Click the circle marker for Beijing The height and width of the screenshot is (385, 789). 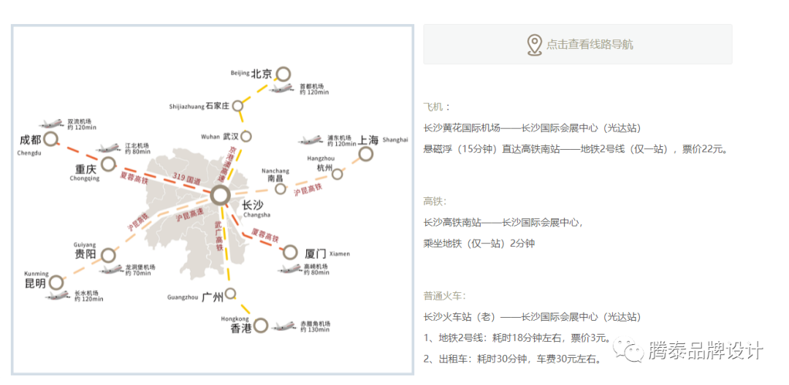click(283, 74)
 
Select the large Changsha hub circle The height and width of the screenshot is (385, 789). click(220, 195)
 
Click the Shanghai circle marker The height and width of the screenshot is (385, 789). click(366, 153)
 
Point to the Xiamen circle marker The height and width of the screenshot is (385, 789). click(291, 253)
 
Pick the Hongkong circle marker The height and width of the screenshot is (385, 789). click(262, 325)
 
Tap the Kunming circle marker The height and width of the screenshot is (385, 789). click(56, 282)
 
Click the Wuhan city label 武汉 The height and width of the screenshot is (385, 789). click(231, 137)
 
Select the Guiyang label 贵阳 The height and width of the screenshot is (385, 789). click(85, 255)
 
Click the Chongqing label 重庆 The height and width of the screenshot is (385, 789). click(85, 169)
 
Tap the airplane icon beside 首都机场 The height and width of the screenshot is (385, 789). click(282, 88)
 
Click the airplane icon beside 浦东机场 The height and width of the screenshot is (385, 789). click(310, 140)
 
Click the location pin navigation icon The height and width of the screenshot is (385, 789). click(535, 45)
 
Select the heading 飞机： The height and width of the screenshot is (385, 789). click(437, 107)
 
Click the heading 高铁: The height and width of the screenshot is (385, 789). click(435, 201)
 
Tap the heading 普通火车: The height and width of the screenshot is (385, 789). click(444, 296)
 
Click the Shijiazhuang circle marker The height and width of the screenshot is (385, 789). click(238, 106)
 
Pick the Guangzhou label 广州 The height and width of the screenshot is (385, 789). click(212, 297)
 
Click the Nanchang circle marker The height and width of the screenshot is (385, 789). click(281, 188)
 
